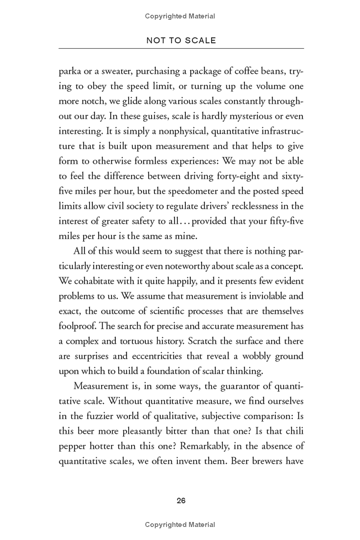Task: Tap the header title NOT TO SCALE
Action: [181, 40]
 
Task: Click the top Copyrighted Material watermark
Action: [180, 16]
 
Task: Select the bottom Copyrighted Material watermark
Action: [180, 525]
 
